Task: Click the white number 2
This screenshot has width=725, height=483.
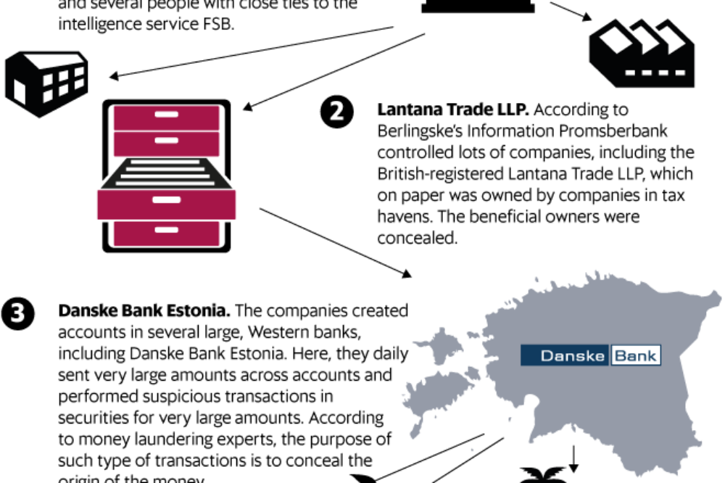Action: coord(336,111)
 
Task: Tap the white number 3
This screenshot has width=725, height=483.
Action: coord(17,313)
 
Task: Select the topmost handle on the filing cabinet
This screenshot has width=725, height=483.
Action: coord(166,115)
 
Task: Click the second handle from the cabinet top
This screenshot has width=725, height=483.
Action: coord(166,140)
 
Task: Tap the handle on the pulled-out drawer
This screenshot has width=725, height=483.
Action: coord(166,199)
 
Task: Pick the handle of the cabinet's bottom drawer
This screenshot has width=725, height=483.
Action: coord(166,230)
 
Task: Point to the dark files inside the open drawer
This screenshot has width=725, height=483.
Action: coord(166,173)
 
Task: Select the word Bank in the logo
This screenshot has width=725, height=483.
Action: coord(635,355)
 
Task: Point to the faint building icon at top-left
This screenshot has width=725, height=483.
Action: coord(46,84)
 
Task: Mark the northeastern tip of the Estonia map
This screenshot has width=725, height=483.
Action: coord(716,297)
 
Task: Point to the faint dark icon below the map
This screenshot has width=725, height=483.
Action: coord(544,471)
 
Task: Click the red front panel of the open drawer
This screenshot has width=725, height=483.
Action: coord(166,205)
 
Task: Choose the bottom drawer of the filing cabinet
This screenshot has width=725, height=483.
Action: coord(166,234)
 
